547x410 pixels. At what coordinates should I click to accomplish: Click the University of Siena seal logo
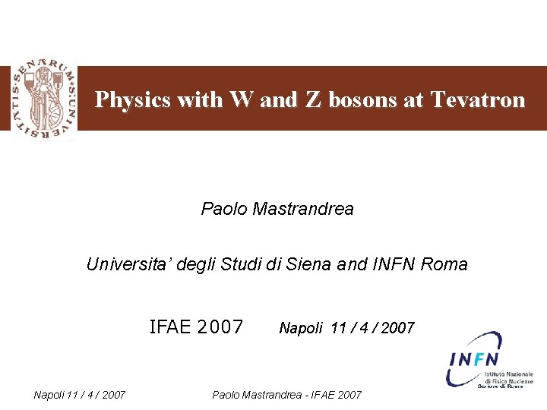point(43,99)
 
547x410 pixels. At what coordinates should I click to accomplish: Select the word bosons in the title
point(364,100)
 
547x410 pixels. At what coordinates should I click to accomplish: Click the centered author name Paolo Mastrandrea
point(277,209)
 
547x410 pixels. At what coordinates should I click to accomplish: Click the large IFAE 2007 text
point(196,327)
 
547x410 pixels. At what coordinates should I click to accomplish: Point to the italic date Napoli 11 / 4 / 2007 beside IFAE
point(346,328)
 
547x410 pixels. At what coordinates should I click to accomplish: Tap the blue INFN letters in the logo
point(473,359)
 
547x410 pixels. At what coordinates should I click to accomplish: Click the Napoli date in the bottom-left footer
point(80,394)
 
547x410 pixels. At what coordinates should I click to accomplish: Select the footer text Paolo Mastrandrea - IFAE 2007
point(287,395)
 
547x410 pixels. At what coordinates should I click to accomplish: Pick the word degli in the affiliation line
point(196,265)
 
